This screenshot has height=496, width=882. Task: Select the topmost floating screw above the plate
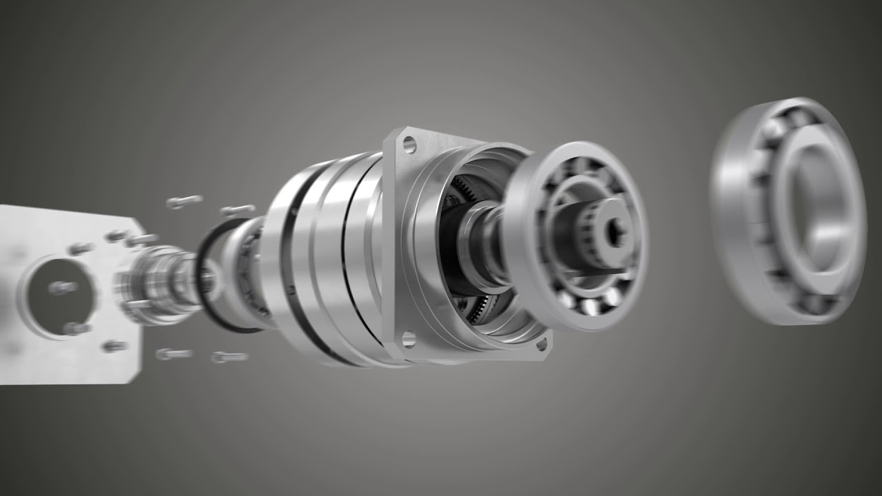(x=184, y=201)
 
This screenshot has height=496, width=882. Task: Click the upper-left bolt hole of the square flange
(x=409, y=145)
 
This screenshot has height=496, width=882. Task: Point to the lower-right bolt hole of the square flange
(x=542, y=342)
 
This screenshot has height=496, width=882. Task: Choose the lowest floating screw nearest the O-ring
(x=230, y=357)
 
